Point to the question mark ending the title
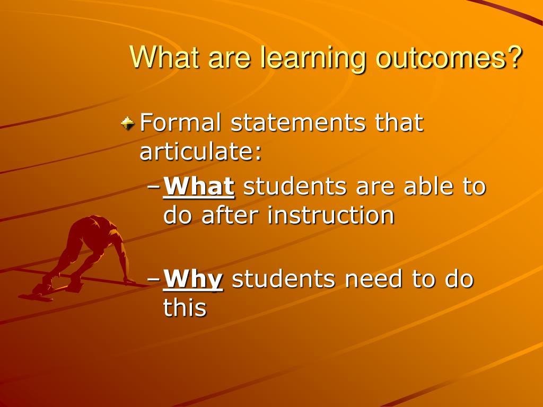click(x=513, y=56)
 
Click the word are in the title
click(x=229, y=59)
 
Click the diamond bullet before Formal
click(x=127, y=123)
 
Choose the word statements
click(x=298, y=122)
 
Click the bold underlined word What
click(x=199, y=186)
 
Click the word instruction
click(x=331, y=215)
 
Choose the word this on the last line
click(x=185, y=307)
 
